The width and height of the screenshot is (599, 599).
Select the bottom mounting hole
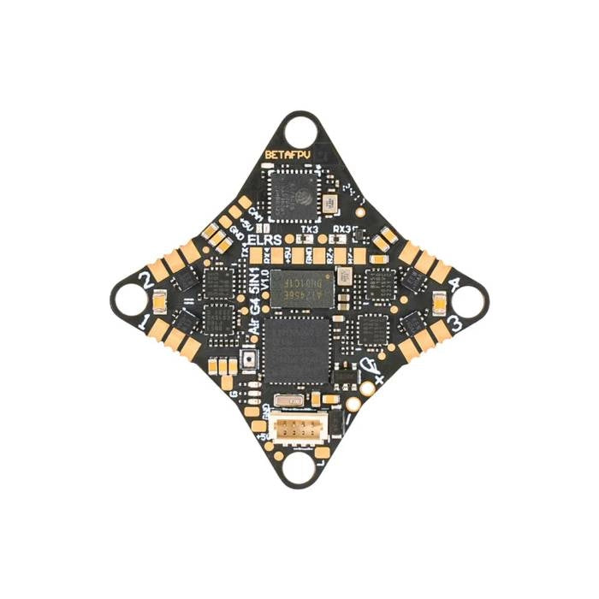pos(299,467)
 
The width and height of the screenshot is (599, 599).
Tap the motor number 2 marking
pos(147,279)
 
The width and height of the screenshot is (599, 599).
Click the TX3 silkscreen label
pos(311,231)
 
